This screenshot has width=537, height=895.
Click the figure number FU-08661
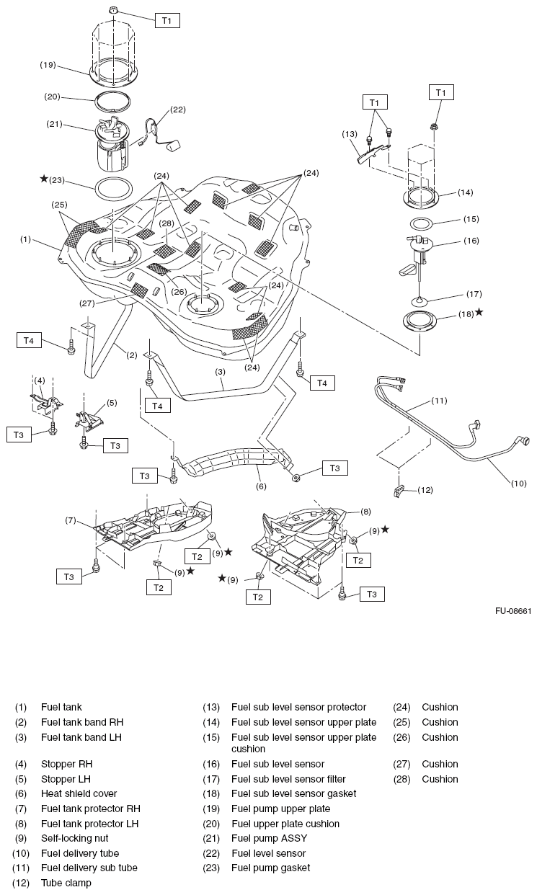click(512, 611)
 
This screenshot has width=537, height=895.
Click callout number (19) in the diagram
click(48, 65)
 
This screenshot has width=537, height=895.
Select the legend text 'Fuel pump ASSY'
click(269, 838)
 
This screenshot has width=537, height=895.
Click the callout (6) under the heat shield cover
click(260, 486)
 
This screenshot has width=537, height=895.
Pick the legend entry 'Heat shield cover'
click(79, 793)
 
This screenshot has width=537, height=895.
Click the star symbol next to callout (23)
click(44, 179)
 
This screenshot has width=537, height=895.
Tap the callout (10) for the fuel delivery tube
click(518, 484)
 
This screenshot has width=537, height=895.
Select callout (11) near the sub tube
click(440, 400)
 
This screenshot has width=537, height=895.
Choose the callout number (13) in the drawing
click(350, 133)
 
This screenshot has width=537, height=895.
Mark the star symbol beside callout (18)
click(479, 313)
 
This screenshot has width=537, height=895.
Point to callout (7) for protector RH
click(71, 520)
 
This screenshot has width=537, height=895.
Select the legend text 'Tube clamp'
click(66, 882)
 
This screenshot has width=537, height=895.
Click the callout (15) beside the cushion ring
click(471, 218)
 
